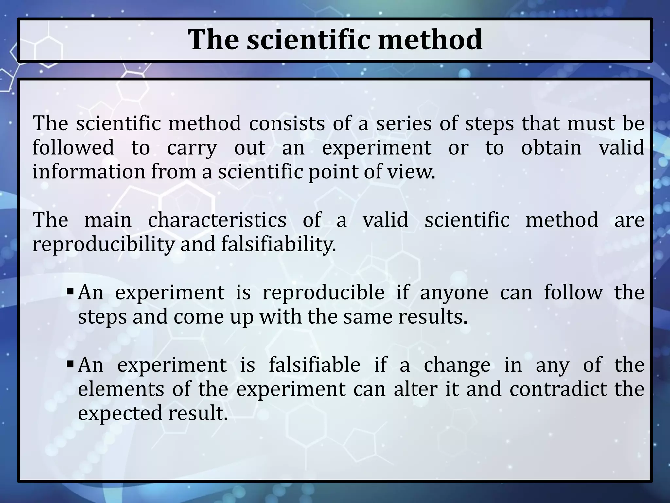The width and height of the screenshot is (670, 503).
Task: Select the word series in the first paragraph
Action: click(x=403, y=124)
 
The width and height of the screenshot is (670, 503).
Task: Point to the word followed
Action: click(x=73, y=147)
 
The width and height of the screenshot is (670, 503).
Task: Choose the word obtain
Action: click(x=551, y=147)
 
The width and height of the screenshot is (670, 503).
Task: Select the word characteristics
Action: click(x=217, y=220)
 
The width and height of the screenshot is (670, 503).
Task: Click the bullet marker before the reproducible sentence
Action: click(x=70, y=290)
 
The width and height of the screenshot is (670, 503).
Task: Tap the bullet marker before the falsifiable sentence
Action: click(x=70, y=363)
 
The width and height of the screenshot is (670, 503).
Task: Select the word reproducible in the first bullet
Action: click(x=323, y=292)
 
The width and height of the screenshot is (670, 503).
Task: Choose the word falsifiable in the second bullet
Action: click(x=314, y=365)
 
